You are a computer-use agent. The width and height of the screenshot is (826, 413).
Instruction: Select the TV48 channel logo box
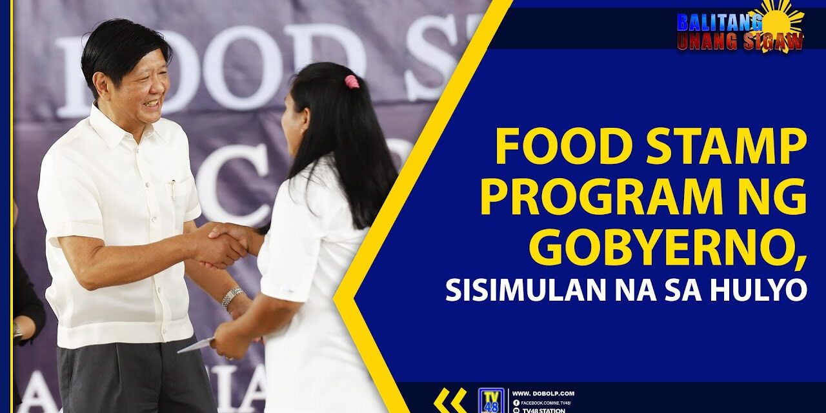tap(490, 400)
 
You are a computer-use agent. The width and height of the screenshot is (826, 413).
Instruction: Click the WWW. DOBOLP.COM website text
tap(543, 394)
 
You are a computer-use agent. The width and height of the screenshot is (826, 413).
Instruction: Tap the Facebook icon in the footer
tap(516, 403)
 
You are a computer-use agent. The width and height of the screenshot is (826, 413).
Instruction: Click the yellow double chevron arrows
tap(450, 400)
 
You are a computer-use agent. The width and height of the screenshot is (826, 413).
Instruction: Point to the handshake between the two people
tap(223, 244)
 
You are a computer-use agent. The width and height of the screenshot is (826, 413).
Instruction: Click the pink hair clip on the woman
tap(351, 81)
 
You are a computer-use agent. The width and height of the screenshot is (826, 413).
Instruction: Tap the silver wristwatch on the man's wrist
tap(232, 297)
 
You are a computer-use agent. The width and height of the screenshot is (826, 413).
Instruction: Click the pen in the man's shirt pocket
tap(173, 189)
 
